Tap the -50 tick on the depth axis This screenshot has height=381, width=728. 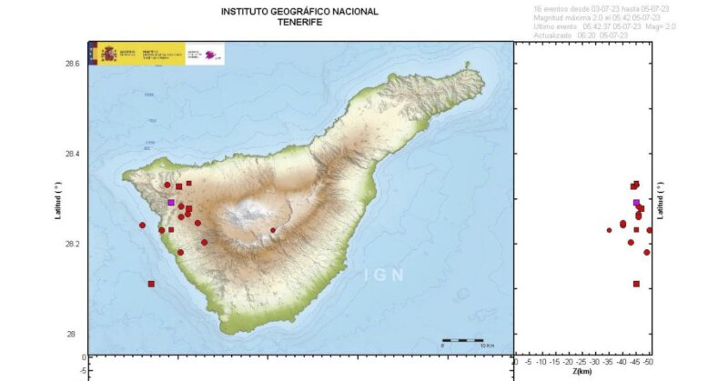click(648, 362)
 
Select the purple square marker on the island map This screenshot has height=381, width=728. click(171, 202)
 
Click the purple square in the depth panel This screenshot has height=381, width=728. click(636, 203)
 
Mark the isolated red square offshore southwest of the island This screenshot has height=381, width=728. click(151, 284)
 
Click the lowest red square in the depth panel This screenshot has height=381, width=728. click(636, 284)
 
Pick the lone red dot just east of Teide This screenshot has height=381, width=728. click(273, 230)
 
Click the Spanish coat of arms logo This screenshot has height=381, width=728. click(105, 53)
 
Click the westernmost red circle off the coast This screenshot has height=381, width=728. click(142, 225)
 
